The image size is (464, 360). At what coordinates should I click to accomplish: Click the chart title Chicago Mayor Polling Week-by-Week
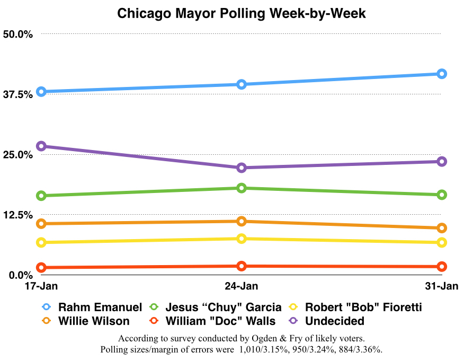241,13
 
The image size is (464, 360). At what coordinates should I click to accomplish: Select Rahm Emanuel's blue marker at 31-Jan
441,74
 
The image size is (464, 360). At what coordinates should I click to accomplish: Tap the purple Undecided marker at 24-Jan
242,168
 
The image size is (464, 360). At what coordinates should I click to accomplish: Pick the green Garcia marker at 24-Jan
242,188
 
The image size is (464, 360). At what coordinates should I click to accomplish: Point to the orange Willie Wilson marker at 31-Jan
441,228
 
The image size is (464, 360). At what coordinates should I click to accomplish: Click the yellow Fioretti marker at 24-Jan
242,239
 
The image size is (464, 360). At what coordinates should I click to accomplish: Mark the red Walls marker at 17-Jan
41,268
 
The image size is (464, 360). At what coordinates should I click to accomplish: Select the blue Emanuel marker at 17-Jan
41,92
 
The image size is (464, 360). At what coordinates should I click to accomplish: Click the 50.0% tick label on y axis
18,34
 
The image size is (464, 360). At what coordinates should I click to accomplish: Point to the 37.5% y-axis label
18,94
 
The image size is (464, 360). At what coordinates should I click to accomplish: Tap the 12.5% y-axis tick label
18,215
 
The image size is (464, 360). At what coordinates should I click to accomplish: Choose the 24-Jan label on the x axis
242,286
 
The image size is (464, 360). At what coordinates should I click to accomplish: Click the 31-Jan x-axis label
441,286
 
